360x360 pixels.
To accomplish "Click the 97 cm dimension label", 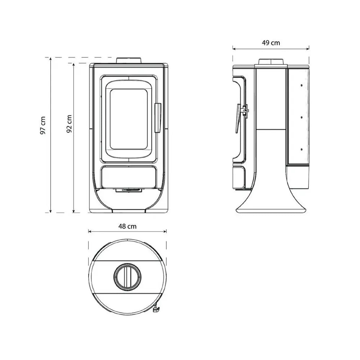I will [x=43, y=125].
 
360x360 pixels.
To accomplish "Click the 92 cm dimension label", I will [x=69, y=124].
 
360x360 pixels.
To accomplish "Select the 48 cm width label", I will [x=127, y=226].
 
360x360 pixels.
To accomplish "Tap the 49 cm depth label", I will [x=271, y=43].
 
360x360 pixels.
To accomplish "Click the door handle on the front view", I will [x=158, y=118].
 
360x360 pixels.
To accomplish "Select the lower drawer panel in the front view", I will [x=129, y=177].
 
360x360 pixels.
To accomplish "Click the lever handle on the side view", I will [x=238, y=119].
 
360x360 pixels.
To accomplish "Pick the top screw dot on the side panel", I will [x=301, y=85].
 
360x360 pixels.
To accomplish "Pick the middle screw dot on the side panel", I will [x=301, y=117].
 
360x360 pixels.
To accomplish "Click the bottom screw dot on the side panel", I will [x=301, y=148].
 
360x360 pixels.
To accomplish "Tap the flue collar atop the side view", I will [x=271, y=61].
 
